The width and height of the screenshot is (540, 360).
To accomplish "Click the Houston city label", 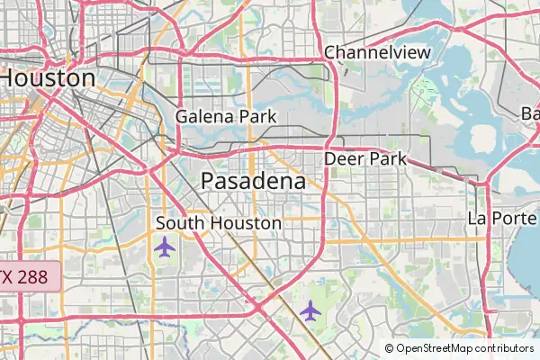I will (x=47, y=78).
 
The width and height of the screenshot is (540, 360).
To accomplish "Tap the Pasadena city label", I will (x=253, y=181).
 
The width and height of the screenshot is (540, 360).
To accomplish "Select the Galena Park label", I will (x=226, y=117).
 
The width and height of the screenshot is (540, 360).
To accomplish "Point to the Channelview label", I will (x=377, y=53).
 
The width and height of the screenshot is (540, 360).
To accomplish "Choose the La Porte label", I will (x=502, y=218).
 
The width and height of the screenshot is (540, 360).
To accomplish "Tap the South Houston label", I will (x=219, y=222).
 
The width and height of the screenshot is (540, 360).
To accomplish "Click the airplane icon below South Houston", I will (x=164, y=246).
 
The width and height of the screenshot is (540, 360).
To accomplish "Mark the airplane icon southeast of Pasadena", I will (x=310, y=310).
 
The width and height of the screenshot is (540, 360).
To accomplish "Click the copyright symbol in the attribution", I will (x=390, y=348).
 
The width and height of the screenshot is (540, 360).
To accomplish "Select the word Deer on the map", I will (x=342, y=159).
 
